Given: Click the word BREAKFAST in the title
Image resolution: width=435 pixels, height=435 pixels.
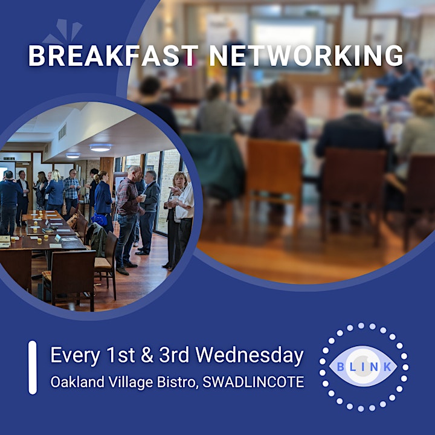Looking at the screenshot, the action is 114,56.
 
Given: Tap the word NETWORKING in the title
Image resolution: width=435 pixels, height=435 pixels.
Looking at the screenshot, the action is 306,56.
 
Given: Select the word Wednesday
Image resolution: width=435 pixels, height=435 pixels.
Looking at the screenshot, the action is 250,355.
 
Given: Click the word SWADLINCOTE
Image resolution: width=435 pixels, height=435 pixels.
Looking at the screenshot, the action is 253,382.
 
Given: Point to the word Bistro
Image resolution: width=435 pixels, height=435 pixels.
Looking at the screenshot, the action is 178,382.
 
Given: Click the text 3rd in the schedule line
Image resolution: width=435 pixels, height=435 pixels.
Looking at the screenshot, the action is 174,355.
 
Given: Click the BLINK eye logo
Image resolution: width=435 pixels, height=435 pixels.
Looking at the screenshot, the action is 364,367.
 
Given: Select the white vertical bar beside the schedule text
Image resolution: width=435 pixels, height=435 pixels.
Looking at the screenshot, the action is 33,367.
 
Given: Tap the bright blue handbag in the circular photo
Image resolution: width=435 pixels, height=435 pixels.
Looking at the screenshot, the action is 100,219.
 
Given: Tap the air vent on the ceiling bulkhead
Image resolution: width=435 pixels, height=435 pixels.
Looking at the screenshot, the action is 62,132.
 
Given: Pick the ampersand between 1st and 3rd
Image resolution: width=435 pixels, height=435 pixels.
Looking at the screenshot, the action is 147,355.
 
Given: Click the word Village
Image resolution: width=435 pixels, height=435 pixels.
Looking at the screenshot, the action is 130,382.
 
